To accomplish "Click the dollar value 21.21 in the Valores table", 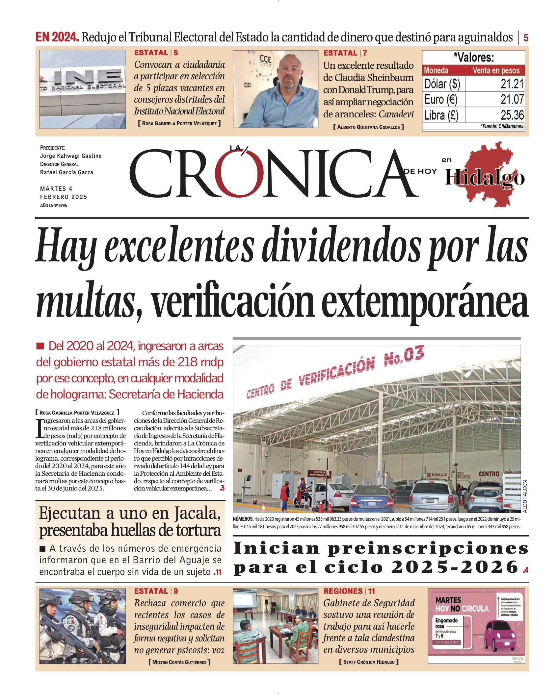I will pos(512,84).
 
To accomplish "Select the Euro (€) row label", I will pos(440,99).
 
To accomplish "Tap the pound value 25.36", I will pos(512,115).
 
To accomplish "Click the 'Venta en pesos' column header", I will pos(496,70).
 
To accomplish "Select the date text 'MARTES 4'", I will pos(56,189).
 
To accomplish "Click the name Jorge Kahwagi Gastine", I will pos(71,156).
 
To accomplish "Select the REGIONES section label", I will pos(343,591).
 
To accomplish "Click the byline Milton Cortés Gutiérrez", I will pos(179,662).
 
